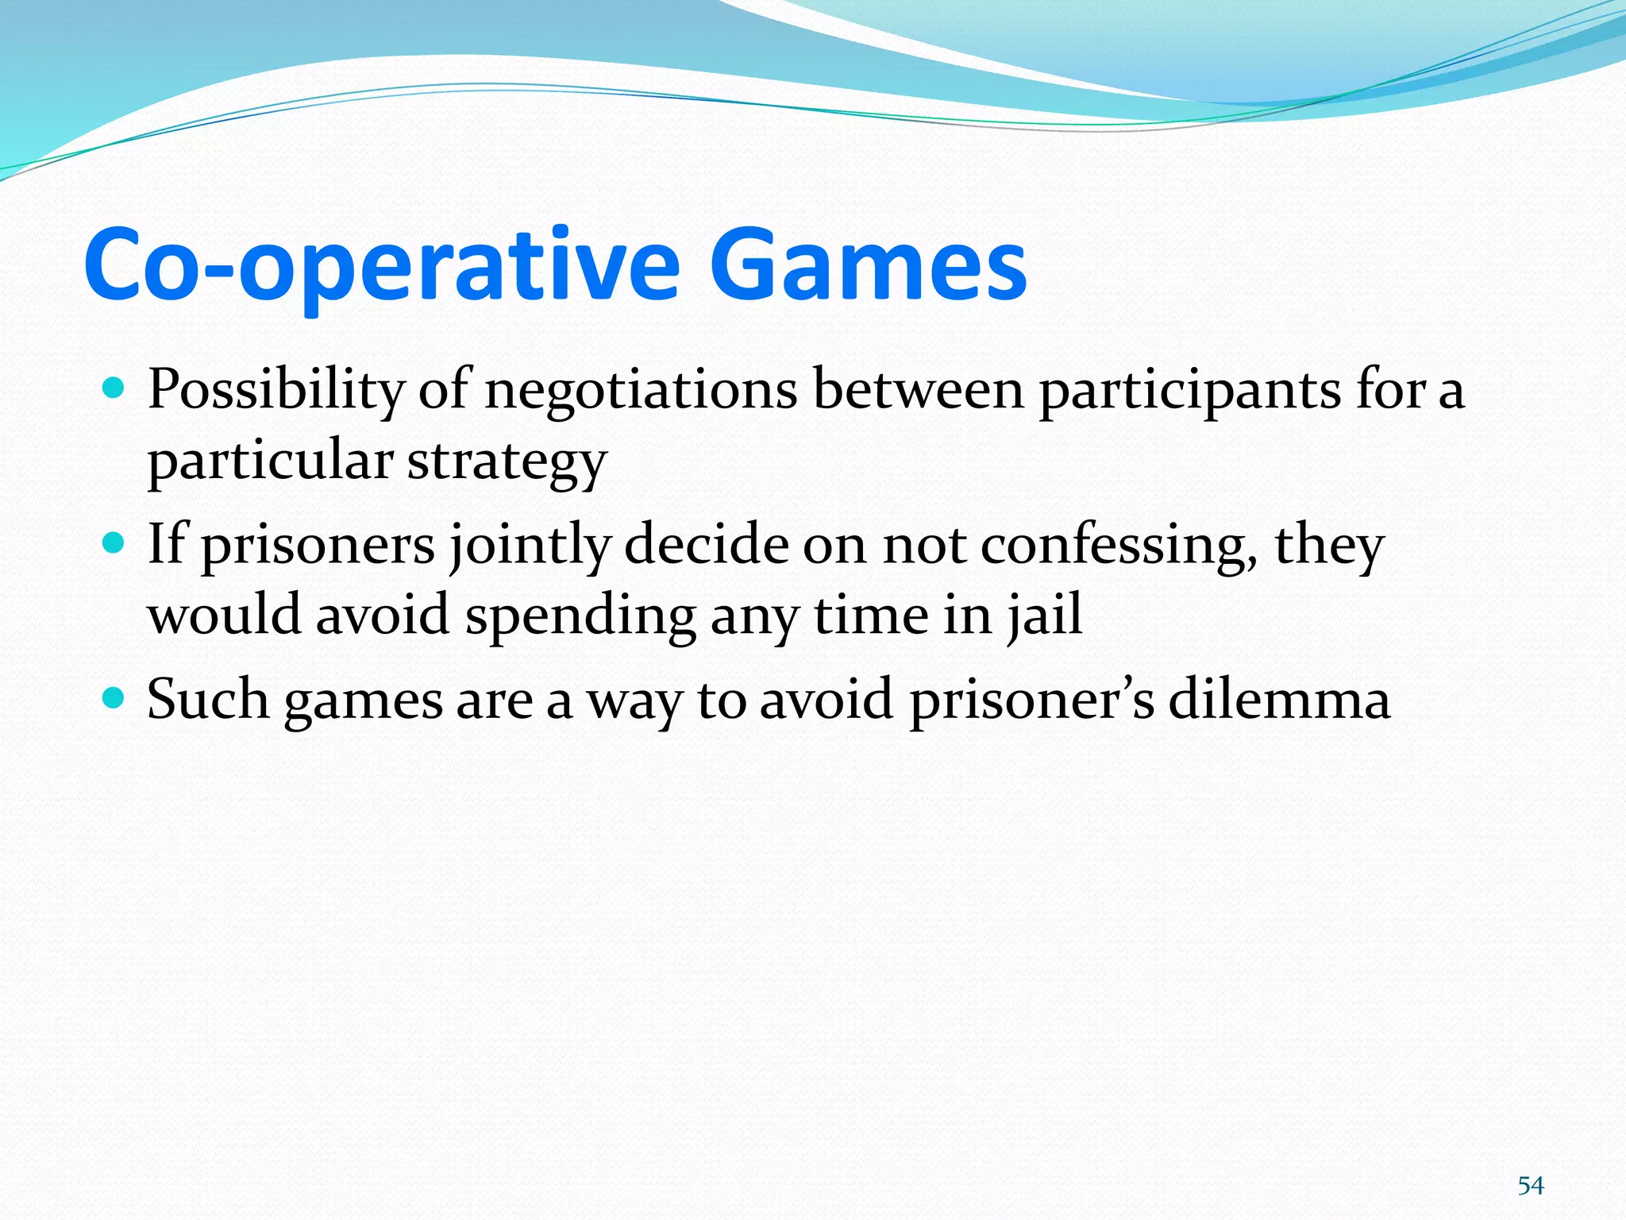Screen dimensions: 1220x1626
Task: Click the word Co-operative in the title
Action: click(x=381, y=266)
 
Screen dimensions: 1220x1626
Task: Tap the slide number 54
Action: click(x=1530, y=1186)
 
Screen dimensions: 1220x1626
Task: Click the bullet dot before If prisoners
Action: click(x=114, y=543)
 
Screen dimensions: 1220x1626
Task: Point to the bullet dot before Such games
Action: click(x=114, y=698)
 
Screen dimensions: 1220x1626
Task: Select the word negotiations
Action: click(x=641, y=391)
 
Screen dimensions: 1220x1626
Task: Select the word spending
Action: click(x=580, y=616)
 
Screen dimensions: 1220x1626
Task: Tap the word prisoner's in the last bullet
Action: click(x=1031, y=700)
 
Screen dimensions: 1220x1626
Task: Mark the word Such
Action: click(x=208, y=700)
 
